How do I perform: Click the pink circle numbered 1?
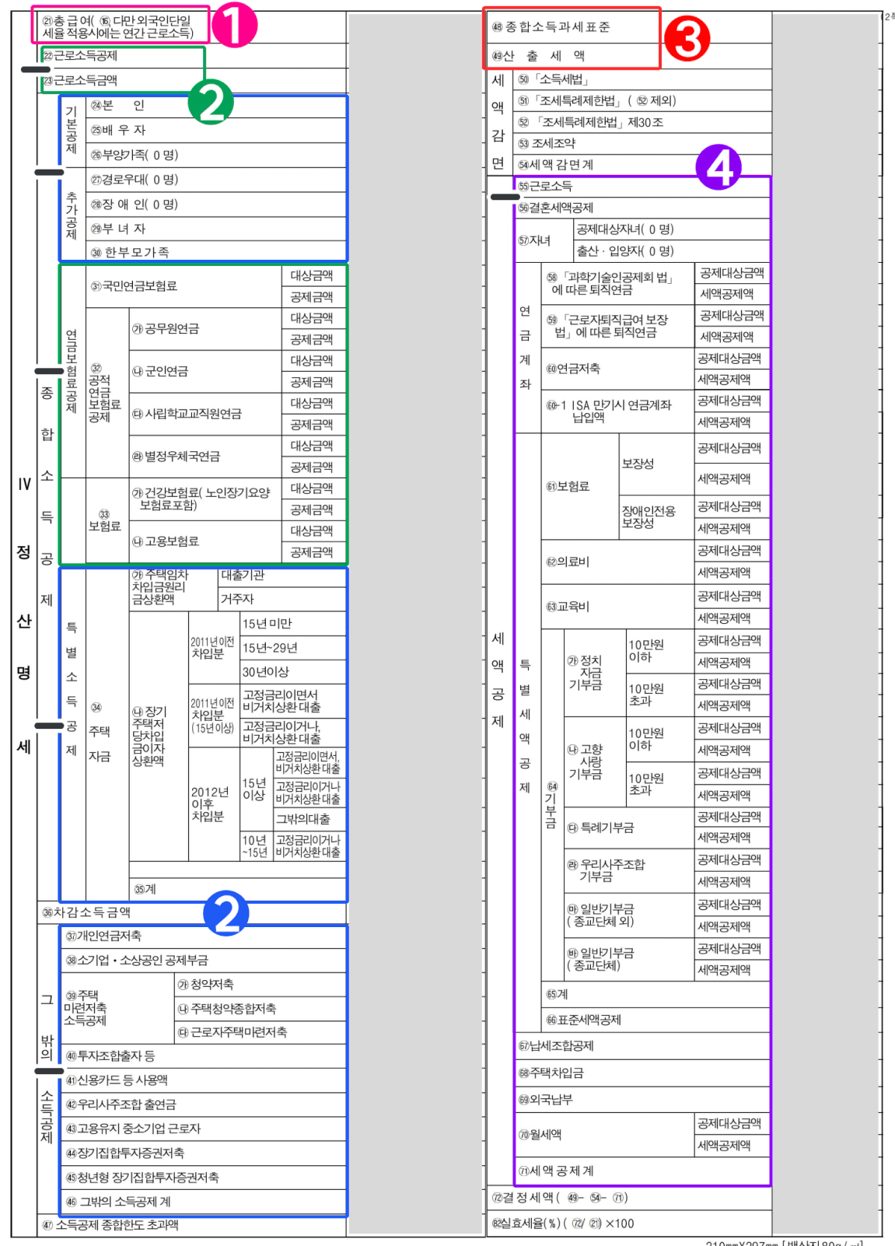click(234, 26)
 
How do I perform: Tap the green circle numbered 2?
click(212, 102)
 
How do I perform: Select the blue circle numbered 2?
click(226, 914)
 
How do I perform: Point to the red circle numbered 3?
click(687, 39)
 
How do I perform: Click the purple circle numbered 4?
click(718, 167)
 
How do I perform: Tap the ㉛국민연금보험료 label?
click(134, 286)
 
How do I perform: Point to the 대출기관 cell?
click(243, 576)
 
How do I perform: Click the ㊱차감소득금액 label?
click(86, 912)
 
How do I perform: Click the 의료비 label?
click(568, 562)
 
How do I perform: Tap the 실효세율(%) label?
click(526, 1223)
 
